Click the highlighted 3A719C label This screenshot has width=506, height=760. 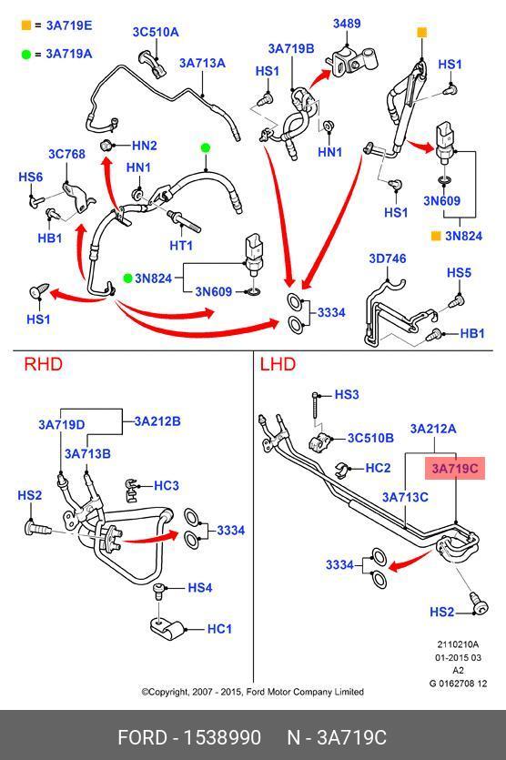click(455, 468)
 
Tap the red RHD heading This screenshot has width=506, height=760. click(43, 364)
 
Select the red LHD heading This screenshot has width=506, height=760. click(278, 364)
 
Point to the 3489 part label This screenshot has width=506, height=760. click(347, 24)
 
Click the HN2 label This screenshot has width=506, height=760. click(145, 146)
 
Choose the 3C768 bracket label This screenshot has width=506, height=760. click(66, 154)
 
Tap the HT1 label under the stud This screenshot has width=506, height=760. click(181, 245)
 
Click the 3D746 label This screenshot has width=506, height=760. click(388, 258)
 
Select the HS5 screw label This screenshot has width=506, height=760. click(459, 272)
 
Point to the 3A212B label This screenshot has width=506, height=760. click(157, 421)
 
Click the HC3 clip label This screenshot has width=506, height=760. click(167, 485)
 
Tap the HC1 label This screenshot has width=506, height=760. click(219, 629)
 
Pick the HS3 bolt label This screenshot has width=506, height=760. click(347, 394)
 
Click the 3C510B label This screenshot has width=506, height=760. click(370, 438)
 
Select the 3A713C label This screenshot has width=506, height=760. click(405, 497)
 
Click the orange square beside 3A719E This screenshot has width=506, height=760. click(26, 25)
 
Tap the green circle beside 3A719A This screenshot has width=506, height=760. click(26, 54)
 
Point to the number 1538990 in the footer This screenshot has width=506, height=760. click(222, 737)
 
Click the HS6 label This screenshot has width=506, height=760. click(31, 177)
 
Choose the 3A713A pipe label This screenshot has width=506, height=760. click(203, 63)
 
